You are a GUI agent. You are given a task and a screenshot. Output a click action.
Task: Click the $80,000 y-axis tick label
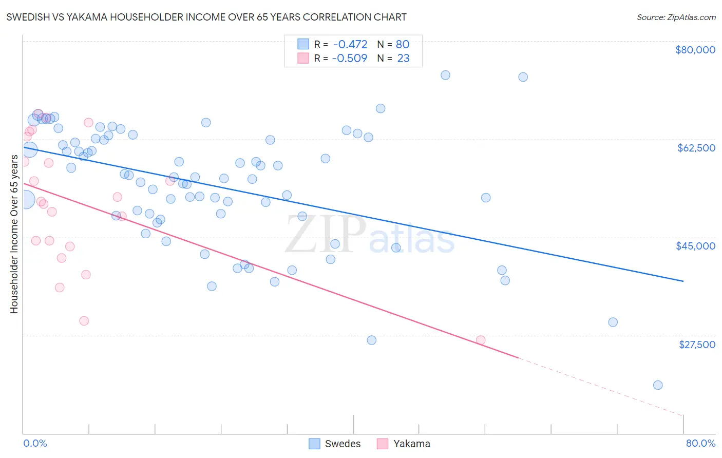[x=695, y=50]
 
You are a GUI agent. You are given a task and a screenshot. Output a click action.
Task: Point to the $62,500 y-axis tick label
[x=696, y=148]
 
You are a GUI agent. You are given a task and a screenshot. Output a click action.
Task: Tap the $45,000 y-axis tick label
[x=695, y=246]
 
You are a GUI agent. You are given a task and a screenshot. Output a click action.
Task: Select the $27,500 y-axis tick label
[x=697, y=345]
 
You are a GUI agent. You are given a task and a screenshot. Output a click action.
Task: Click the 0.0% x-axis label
[x=35, y=443]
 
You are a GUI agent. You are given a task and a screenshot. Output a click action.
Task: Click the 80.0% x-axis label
[x=700, y=443]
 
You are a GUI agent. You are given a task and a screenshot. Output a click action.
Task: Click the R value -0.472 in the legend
[x=350, y=45]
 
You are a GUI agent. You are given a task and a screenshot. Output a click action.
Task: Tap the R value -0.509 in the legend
[x=350, y=59]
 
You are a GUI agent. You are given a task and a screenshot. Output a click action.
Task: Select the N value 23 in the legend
[x=403, y=59]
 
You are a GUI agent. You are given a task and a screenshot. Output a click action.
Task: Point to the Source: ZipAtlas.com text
[x=676, y=17]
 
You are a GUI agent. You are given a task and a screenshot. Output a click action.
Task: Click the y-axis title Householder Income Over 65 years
[x=14, y=234]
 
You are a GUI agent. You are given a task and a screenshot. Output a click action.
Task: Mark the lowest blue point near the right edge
[x=658, y=385]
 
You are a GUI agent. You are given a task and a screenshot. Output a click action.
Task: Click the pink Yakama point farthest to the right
[x=481, y=340]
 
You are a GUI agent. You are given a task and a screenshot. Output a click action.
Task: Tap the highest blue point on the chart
[x=445, y=75]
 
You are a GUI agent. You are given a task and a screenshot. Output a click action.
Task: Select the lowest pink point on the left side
[x=84, y=321]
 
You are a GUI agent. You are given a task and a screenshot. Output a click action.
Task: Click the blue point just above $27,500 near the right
[x=613, y=322]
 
